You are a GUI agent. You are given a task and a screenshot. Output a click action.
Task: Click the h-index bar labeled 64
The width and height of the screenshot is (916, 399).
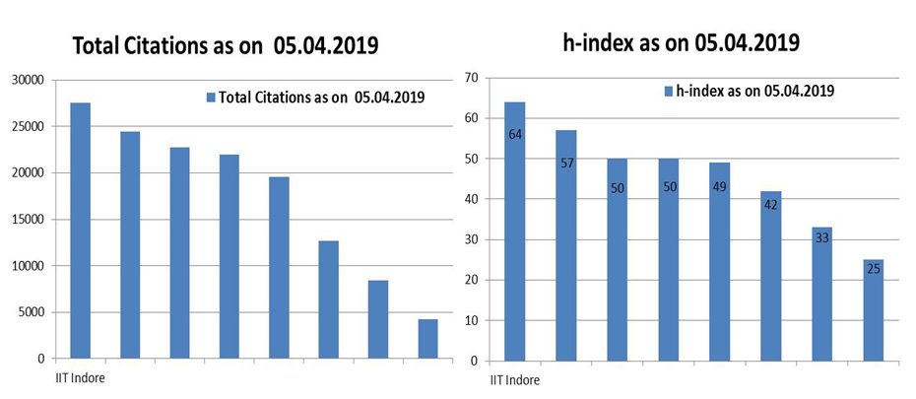[514, 231]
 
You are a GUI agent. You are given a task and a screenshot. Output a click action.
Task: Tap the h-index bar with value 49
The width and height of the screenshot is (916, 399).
[719, 260]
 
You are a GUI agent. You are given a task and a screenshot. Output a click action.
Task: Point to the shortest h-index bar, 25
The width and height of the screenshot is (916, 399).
[873, 309]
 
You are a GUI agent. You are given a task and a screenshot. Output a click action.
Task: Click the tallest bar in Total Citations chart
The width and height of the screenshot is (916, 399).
[80, 231]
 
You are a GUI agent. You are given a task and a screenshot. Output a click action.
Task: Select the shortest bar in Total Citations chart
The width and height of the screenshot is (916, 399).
[427, 339]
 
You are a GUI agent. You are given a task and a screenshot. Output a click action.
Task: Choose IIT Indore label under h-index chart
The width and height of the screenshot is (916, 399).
[514, 378]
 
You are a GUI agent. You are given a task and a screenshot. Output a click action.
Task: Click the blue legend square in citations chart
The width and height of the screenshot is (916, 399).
[210, 98]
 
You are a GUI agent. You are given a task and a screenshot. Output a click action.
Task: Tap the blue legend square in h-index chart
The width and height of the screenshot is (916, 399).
[669, 91]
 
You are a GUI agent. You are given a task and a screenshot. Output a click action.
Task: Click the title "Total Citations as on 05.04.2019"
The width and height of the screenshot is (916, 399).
[226, 45]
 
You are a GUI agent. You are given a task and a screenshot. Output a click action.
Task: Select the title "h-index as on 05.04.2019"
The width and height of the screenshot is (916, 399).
[680, 42]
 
